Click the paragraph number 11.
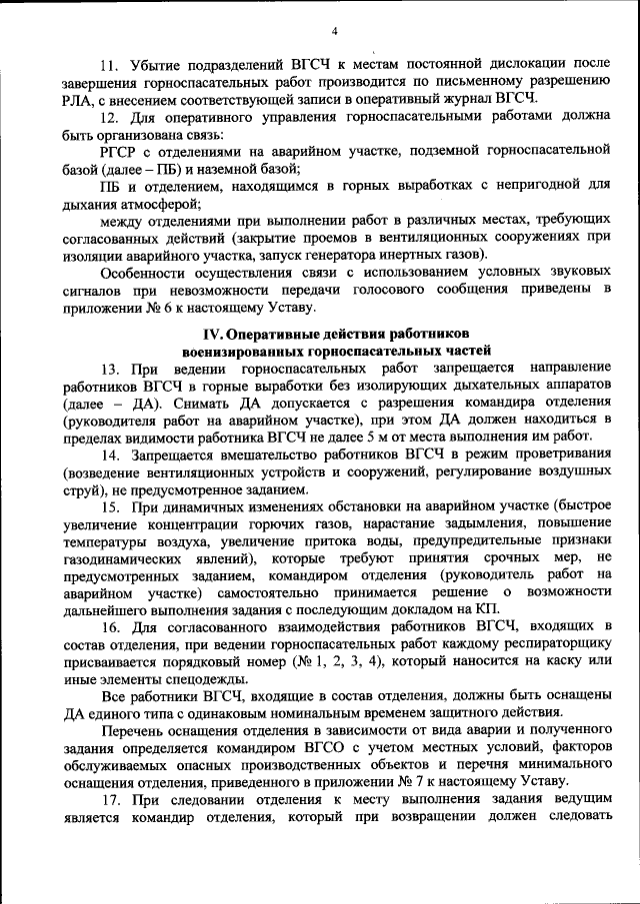pos(111,62)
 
